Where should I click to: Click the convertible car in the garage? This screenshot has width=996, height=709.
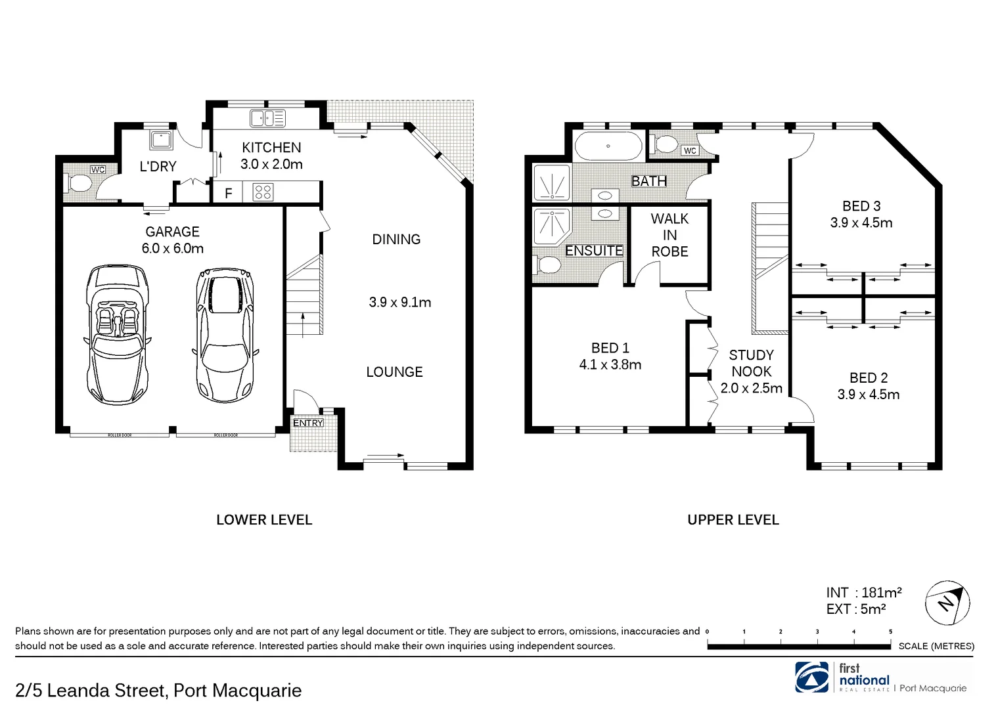tap(117, 332)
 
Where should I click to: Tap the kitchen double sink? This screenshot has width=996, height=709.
tap(267, 119)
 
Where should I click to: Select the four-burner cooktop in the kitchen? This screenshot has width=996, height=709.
tap(263, 192)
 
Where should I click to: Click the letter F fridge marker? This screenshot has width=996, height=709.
tap(229, 194)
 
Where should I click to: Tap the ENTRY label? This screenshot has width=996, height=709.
tap(308, 423)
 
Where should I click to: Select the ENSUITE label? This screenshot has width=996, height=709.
tap(594, 251)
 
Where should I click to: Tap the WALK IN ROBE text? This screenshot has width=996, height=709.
tap(669, 235)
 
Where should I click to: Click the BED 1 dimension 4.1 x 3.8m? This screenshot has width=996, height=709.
tap(610, 365)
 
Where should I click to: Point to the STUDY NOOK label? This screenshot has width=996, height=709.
tap(751, 363)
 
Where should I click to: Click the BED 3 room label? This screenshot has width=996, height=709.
tap(861, 206)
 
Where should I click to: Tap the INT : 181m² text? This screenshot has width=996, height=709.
tap(863, 593)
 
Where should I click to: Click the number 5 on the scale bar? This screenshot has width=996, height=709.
tap(890, 632)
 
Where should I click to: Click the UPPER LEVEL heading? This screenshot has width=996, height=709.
tap(733, 520)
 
